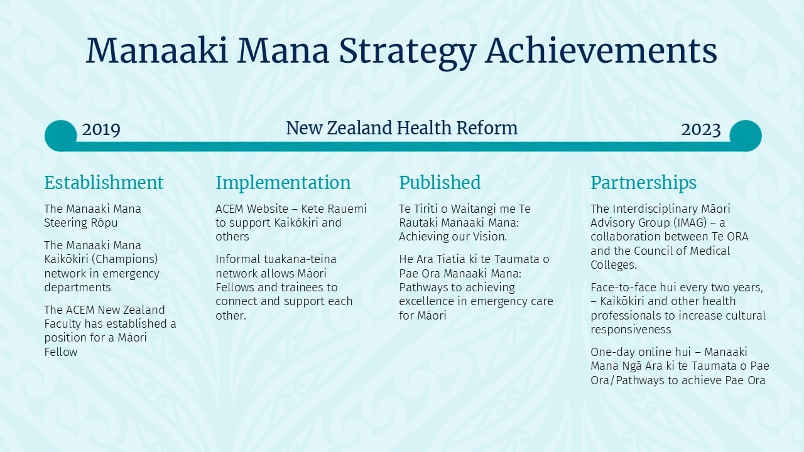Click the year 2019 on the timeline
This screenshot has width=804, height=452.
pyautogui.click(x=101, y=129)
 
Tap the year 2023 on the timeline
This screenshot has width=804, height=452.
pyautogui.click(x=700, y=129)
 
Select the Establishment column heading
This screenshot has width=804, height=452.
pyautogui.click(x=104, y=183)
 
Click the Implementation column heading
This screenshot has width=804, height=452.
pyautogui.click(x=283, y=183)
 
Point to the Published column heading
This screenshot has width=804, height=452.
pyautogui.click(x=440, y=183)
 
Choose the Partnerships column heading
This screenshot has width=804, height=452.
pyautogui.click(x=644, y=183)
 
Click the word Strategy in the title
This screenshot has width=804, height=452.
pyautogui.click(x=408, y=52)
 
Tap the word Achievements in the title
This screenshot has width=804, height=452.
pyautogui.click(x=601, y=50)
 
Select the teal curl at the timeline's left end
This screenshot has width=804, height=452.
pyautogui.click(x=60, y=136)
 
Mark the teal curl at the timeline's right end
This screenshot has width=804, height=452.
pyautogui.click(x=746, y=136)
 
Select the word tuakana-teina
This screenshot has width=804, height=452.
pyautogui.click(x=300, y=259)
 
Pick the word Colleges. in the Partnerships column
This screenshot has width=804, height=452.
pyautogui.click(x=614, y=265)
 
